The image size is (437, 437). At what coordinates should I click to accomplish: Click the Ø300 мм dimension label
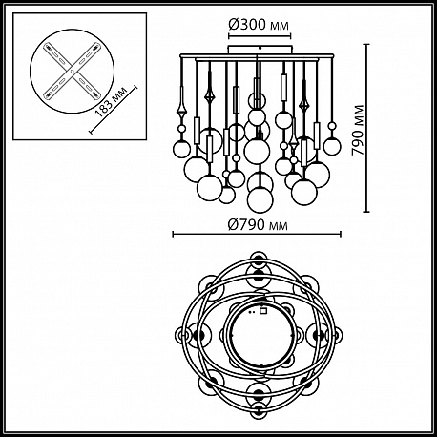pyautogui.click(x=259, y=24)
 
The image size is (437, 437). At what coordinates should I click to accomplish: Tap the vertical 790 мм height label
pyautogui.click(x=358, y=130)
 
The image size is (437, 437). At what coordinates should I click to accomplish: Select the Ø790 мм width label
pyautogui.click(x=259, y=225)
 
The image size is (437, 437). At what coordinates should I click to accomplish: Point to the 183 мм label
pyautogui.click(x=112, y=101)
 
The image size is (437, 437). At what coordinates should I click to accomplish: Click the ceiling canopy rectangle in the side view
pyautogui.click(x=260, y=50)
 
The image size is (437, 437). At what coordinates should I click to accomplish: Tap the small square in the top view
pyautogui.click(x=263, y=311)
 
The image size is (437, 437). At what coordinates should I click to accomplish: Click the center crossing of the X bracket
pyautogui.click(x=73, y=71)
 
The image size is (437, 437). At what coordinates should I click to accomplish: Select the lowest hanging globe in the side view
pyautogui.click(x=260, y=199)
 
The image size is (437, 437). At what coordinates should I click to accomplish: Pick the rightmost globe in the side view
pyautogui.click(x=332, y=146)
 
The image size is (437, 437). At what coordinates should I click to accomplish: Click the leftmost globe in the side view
pyautogui.click(x=181, y=149)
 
